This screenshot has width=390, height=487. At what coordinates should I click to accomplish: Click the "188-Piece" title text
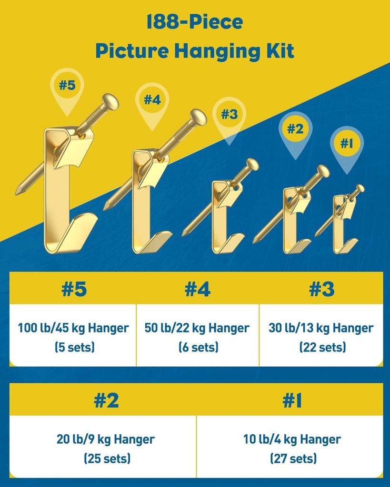194,22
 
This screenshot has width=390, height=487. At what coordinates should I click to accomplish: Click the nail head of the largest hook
110,101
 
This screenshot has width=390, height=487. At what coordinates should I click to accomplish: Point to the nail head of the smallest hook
360,189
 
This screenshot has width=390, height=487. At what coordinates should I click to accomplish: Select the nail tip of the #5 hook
18,191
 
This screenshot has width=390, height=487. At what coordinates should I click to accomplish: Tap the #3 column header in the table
321,289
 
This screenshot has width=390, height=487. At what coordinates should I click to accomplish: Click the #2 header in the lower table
106,400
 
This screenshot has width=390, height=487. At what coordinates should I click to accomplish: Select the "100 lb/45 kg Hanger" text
73,328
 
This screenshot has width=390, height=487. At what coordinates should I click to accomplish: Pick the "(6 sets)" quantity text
198,348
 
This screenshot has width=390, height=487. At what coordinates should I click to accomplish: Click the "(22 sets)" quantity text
322,348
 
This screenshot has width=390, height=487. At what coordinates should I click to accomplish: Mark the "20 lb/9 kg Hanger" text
106,439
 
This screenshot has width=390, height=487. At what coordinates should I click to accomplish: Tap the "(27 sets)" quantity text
292,459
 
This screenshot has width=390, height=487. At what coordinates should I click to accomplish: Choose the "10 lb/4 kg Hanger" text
292,439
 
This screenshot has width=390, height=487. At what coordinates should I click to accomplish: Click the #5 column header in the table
74,289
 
